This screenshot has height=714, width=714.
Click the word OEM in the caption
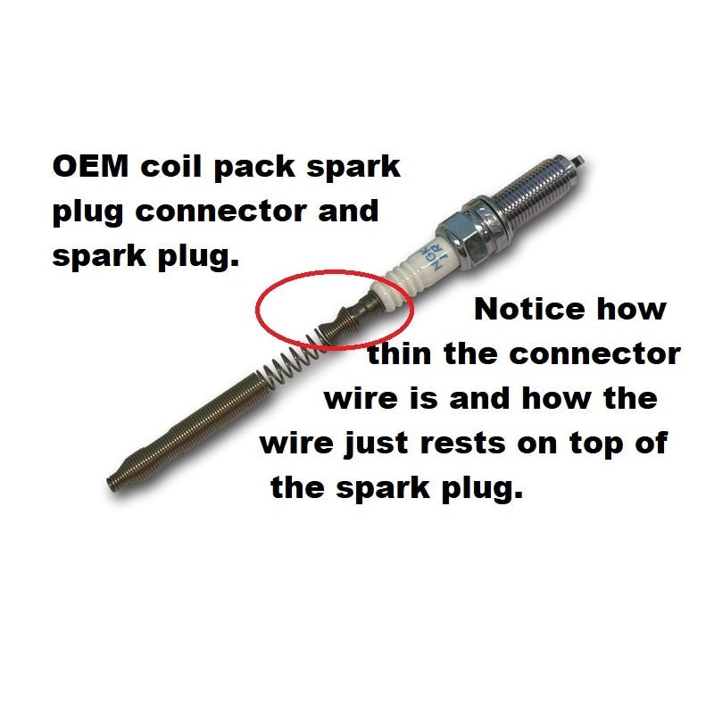pyautogui.click(x=91, y=166)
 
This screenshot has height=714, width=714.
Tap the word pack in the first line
pyautogui.click(x=254, y=168)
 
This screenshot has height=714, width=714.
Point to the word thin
pyautogui.click(x=399, y=353)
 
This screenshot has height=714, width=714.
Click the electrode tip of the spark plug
pyautogui.click(x=577, y=161)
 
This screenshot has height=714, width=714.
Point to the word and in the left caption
pyautogui.click(x=348, y=212)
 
